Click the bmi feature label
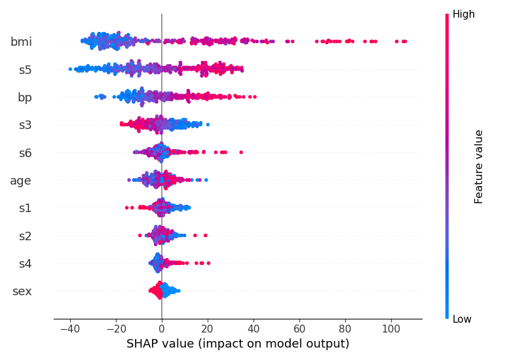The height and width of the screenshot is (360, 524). (x=21, y=42)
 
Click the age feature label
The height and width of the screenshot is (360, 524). (x=21, y=181)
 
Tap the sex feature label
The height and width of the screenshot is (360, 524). (x=22, y=291)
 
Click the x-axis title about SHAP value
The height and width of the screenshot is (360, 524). (x=238, y=344)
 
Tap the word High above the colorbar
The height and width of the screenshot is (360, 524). (x=463, y=14)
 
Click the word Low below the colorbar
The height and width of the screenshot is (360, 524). (x=462, y=319)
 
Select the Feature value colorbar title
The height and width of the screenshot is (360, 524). (x=479, y=166)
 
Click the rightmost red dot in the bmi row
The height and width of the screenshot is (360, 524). (x=405, y=41)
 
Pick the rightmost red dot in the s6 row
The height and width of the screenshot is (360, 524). (x=241, y=153)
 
